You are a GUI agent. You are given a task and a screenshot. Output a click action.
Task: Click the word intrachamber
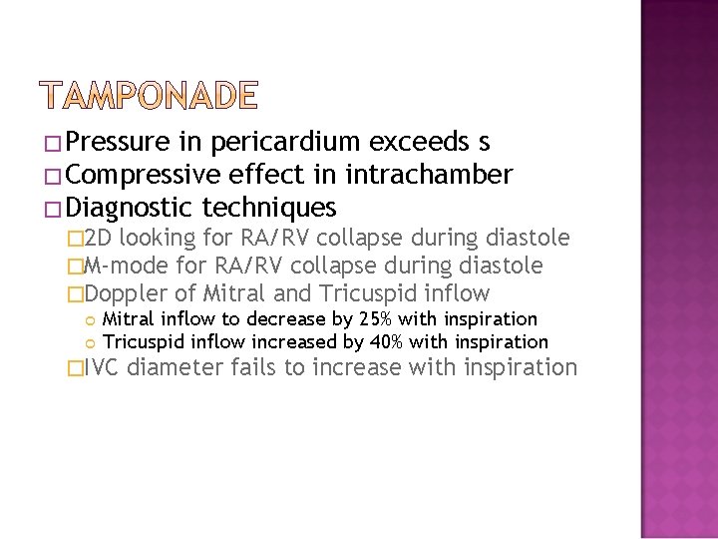coord(428,176)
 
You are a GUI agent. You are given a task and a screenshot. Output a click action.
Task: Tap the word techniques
coord(268,208)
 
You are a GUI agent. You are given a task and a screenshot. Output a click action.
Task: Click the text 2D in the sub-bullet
coord(100,238)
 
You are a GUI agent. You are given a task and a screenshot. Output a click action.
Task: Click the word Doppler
coord(128,293)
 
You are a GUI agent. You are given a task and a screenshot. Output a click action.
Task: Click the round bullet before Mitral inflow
coord(93,320)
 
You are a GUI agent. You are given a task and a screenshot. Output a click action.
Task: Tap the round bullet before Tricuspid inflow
coord(93,342)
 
